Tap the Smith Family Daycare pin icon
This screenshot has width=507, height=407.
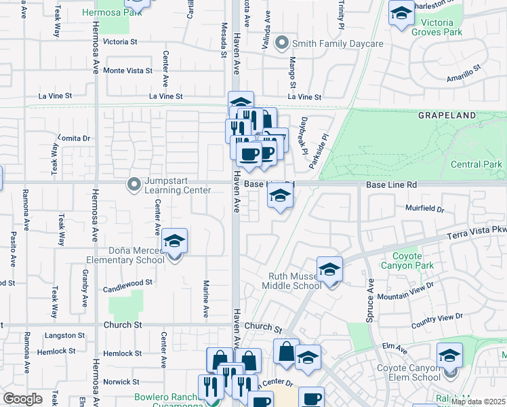click(x=284, y=43)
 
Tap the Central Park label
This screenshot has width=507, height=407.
click(x=476, y=164)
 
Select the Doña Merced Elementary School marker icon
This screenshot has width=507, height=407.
click(x=175, y=243)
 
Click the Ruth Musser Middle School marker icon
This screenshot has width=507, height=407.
click(x=329, y=271)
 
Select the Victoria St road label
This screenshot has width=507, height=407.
click(x=120, y=41)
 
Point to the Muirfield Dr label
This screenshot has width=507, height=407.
click(x=424, y=209)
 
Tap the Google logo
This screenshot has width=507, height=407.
click(x=22, y=399)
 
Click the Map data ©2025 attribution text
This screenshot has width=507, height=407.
click(x=478, y=402)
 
